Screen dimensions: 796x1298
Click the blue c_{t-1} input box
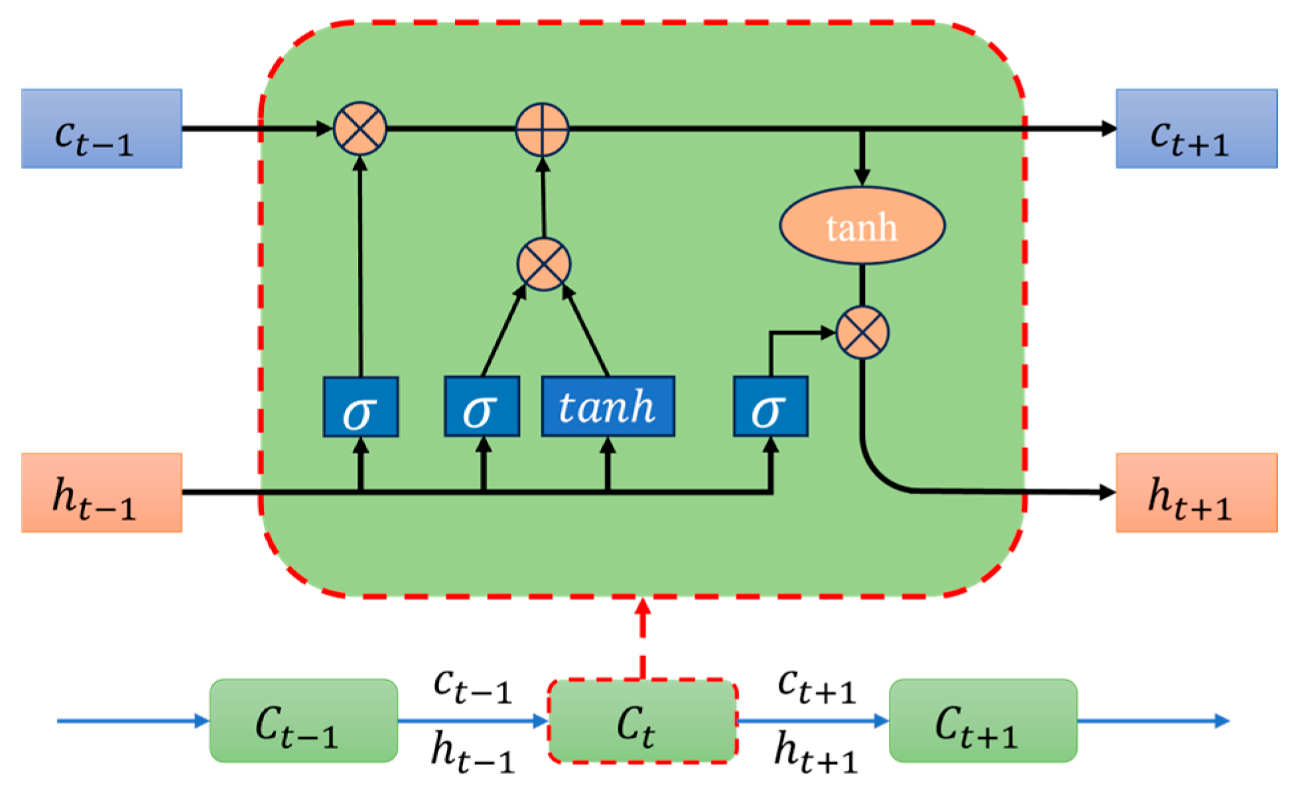(101, 129)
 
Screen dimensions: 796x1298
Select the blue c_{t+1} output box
(1196, 129)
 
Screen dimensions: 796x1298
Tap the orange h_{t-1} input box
(101, 493)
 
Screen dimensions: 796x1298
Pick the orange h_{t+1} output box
(1196, 493)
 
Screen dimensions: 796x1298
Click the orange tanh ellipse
(862, 226)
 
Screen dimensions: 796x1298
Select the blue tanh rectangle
(608, 407)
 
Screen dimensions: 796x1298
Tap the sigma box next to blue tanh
(482, 407)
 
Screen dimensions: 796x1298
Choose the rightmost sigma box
(770, 407)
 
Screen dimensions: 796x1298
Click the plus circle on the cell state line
(542, 129)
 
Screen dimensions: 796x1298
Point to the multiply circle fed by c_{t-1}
(359, 129)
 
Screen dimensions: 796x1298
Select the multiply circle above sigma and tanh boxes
(543, 265)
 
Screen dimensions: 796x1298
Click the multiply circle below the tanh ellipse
(862, 332)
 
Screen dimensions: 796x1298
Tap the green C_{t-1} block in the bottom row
(303, 721)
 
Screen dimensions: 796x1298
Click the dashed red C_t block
(641, 721)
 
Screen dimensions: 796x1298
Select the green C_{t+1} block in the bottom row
(982, 721)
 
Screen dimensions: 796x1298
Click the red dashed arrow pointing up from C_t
(642, 637)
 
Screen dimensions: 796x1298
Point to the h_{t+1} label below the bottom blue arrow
(816, 754)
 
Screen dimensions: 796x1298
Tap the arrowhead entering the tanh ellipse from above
(862, 177)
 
